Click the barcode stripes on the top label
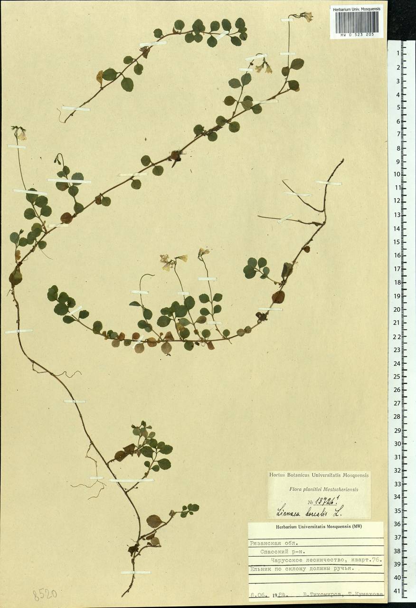click(x=357, y=21)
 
